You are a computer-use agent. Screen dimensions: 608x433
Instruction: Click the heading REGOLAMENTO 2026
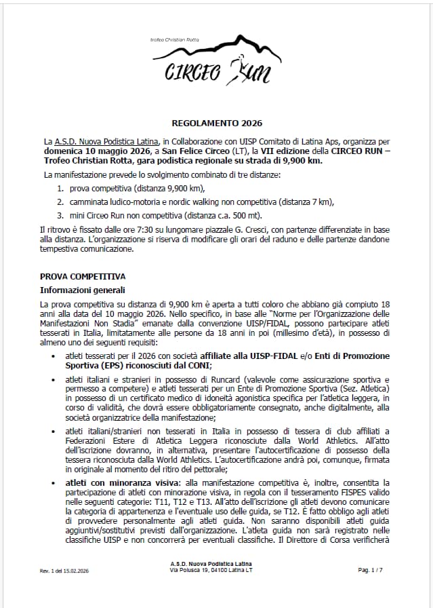[216, 123]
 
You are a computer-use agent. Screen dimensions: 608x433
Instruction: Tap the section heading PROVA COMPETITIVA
[83, 275]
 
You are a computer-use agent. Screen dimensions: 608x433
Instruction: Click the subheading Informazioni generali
[80, 290]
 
